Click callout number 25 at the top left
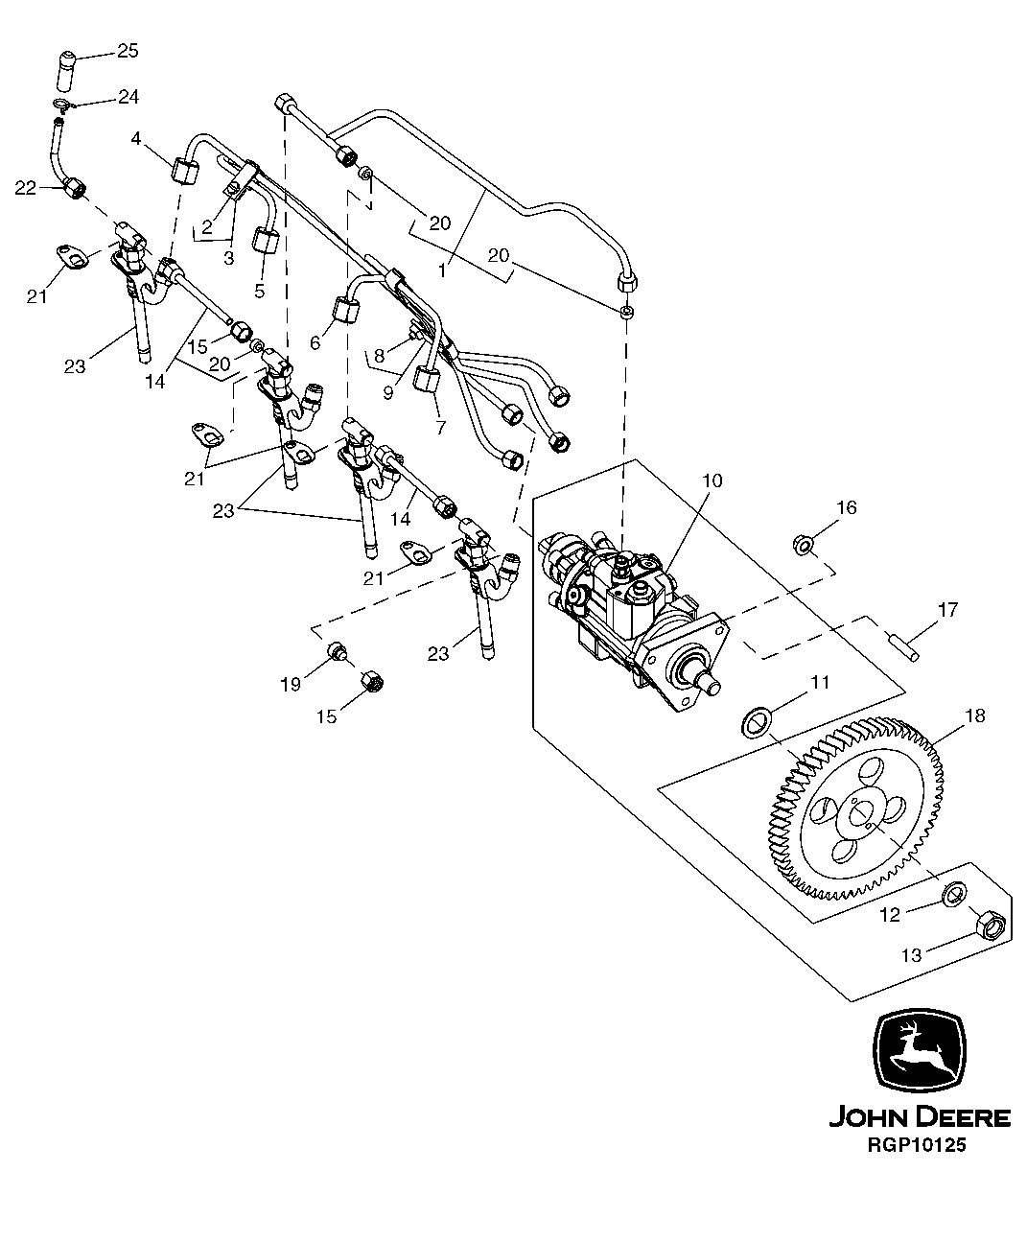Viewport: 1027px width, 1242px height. pyautogui.click(x=128, y=51)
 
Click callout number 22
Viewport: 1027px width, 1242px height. pyautogui.click(x=26, y=188)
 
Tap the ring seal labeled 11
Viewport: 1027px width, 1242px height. pyautogui.click(x=759, y=720)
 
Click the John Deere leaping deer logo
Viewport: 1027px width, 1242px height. pyautogui.click(x=920, y=1051)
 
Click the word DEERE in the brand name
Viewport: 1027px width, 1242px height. pyautogui.click(x=963, y=1117)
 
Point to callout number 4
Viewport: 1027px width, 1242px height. pyautogui.click(x=137, y=139)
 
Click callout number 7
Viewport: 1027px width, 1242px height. pyautogui.click(x=440, y=428)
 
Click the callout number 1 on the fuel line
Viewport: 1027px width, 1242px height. pyautogui.click(x=442, y=270)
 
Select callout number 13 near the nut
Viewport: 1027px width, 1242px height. pyautogui.click(x=911, y=955)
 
